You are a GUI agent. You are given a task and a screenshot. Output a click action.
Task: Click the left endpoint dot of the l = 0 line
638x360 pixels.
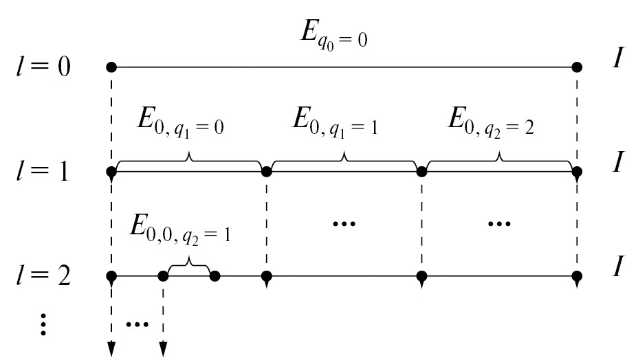pos(111,67)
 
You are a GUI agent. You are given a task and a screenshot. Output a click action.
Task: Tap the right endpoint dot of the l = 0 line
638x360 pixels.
pos(577,67)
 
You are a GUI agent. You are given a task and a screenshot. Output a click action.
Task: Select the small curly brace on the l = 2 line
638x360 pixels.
pos(189,267)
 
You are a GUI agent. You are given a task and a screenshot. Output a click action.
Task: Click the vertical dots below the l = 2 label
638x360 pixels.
pos(43,322)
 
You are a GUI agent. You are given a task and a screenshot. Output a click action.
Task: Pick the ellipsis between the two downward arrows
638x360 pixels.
pos(137,322)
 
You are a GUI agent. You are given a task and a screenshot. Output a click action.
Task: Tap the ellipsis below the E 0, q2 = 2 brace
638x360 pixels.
pos(498,224)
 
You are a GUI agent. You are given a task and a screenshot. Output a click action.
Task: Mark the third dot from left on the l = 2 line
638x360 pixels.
pos(214,277)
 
